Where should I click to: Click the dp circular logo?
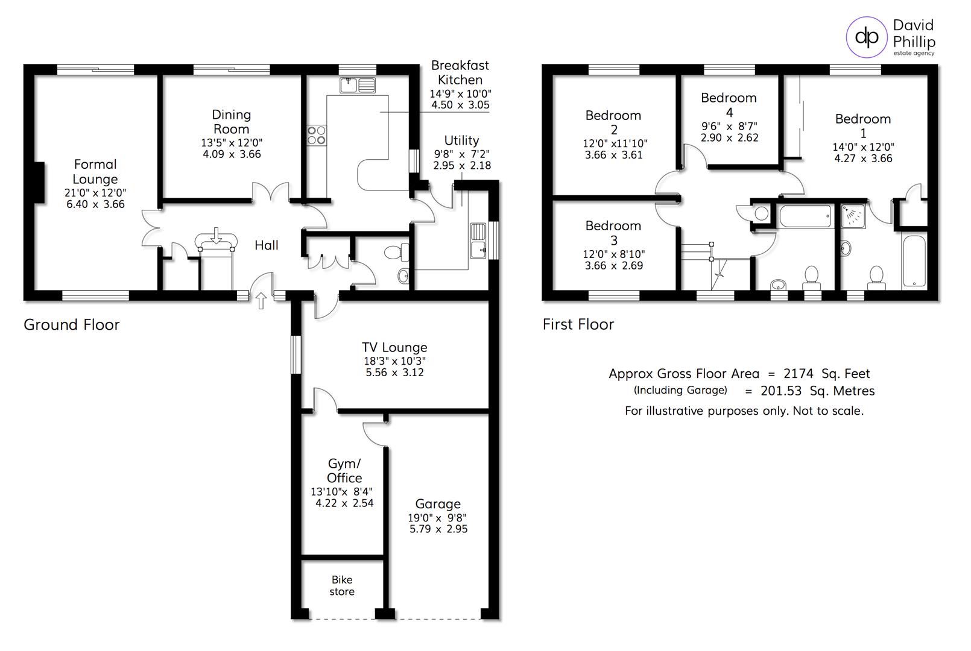pos(867,37)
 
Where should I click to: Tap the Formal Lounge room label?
pos(95,172)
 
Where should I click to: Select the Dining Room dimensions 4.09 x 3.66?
pos(232,154)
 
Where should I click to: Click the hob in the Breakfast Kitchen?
pos(317,135)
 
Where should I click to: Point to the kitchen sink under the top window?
pos(357,86)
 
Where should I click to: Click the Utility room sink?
pos(478,239)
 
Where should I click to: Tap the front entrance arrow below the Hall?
pos(261,301)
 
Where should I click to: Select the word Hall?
pos(266,245)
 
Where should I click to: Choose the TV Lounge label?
pos(394,347)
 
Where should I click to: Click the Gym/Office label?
pos(344,470)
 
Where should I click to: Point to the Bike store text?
pos(342,586)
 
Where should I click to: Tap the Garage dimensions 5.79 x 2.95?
pos(438,529)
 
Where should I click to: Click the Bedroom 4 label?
pos(729,104)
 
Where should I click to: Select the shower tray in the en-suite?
pos(853,216)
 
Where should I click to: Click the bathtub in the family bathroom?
pos(805,216)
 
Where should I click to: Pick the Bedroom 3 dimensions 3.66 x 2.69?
pos(613,266)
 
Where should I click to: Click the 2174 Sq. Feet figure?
pos(826,374)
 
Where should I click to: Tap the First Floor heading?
pos(578,324)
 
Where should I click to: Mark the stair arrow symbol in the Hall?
pos(216,236)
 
